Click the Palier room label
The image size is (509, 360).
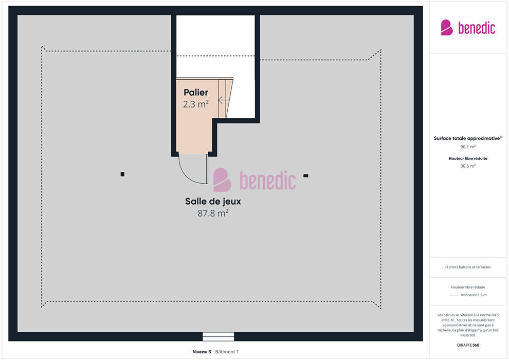click(196, 93)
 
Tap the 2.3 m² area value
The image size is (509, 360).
click(196, 104)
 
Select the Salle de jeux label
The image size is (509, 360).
click(213, 202)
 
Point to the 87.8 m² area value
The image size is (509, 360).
click(213, 213)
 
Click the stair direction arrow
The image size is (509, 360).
click(224, 100)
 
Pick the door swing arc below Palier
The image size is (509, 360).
click(188, 175)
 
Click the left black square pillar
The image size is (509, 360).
click(122, 174)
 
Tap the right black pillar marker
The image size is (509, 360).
click(306, 175)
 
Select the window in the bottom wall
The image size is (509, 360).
click(219, 337)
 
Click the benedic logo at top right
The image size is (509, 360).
click(468, 28)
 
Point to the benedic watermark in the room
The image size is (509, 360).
click(254, 180)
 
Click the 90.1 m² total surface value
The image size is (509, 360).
click(468, 147)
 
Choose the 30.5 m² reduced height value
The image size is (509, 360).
click(468, 166)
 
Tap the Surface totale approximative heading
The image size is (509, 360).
click(468, 138)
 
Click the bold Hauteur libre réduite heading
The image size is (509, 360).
click(468, 158)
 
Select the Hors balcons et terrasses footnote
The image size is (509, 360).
click(468, 267)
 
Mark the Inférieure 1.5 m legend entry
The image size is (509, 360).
click(474, 295)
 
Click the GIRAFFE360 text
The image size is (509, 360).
click(468, 345)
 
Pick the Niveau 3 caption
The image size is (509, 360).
click(202, 352)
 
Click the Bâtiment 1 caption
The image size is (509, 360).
click(227, 352)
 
